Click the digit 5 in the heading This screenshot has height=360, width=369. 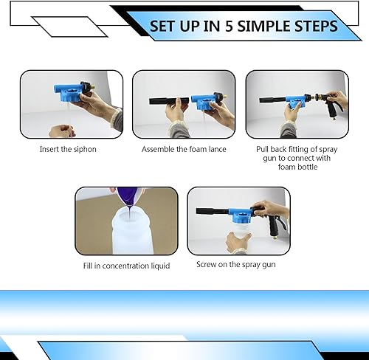click(229, 27)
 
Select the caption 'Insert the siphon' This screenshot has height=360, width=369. click(68, 149)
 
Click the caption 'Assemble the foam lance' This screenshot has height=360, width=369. click(184, 149)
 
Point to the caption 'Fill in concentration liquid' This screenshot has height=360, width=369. click(126, 266)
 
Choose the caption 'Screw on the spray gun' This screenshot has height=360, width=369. click(236, 265)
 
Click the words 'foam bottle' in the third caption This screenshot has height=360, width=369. click(297, 167)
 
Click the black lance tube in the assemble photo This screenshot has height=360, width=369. click(169, 101)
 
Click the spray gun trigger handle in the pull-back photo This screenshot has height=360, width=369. click(332, 108)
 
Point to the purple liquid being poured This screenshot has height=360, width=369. click(128, 198)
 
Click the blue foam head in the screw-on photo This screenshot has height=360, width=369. click(241, 215)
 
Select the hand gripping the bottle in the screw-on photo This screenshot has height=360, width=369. click(237, 243)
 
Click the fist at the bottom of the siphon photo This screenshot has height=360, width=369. click(62, 131)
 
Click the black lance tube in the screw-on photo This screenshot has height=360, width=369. click(213, 211)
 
